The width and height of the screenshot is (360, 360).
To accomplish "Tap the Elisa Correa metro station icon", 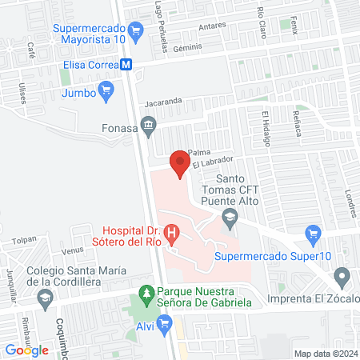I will [126, 67].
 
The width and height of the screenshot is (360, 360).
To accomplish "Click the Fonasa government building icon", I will [147, 124].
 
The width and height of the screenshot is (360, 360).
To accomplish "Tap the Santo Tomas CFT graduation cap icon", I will [230, 217].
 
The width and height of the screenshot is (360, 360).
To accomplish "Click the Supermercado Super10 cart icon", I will [313, 236].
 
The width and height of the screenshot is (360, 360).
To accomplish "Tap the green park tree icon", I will [146, 294].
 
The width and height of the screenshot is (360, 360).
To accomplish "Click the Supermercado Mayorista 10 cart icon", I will [135, 30].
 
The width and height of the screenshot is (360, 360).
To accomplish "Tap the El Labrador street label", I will [211, 162].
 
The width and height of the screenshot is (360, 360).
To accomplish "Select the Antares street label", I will [211, 25].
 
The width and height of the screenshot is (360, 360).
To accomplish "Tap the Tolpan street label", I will [25, 239].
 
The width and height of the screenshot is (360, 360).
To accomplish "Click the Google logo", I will [27, 350].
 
